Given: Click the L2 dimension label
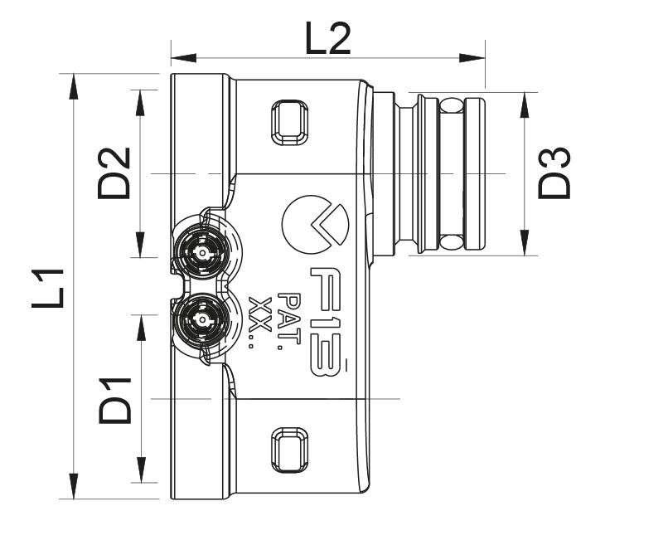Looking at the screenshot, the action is coord(327,39).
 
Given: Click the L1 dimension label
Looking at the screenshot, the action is coord(48,289).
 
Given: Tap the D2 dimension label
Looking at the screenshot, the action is coord(114,173).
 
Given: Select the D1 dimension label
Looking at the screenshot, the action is coord(114,401).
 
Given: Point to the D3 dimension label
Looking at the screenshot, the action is coord(554,173).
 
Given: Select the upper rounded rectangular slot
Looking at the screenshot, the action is coord(289,122).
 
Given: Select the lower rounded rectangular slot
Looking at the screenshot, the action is coord(289,450).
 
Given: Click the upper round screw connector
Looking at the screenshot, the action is coord(202,253).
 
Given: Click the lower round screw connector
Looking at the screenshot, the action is coord(202,319).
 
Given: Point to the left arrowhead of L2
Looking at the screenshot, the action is coord(183,58).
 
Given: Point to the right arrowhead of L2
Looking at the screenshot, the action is coord(472,58).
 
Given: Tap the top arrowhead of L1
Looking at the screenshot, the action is coord(74,87).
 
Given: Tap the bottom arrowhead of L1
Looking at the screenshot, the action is coord(74,486).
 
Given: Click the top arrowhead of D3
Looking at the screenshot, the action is coord(525,105).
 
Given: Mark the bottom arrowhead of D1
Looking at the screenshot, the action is coord(141,469).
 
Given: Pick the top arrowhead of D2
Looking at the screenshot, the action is coord(141,103).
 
